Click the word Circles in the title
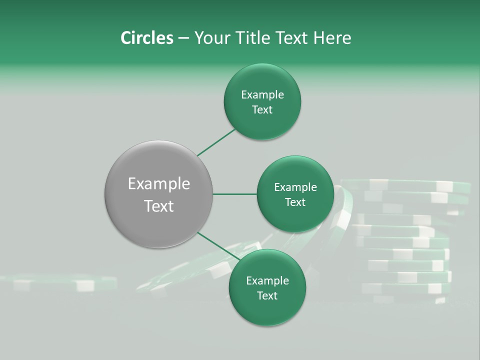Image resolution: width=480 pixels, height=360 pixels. [146, 38]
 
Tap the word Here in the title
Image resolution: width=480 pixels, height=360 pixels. [332, 38]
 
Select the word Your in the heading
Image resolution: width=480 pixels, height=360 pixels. [212, 38]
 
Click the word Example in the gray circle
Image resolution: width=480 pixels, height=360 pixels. [158, 184]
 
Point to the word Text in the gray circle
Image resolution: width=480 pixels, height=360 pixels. [158, 206]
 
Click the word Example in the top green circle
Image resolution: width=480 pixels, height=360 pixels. [262, 95]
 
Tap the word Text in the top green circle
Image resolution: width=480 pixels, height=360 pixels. [262, 110]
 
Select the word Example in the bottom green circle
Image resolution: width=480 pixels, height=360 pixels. [267, 280]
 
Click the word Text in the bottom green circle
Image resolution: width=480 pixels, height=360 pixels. [267, 295]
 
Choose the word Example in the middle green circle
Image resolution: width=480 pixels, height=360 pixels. [295, 187]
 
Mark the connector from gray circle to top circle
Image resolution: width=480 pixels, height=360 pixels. [216, 142]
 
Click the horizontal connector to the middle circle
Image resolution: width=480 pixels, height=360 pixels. [235, 194]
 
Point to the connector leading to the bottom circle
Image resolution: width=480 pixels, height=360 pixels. [219, 246]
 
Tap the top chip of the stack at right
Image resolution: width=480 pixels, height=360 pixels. [405, 185]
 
